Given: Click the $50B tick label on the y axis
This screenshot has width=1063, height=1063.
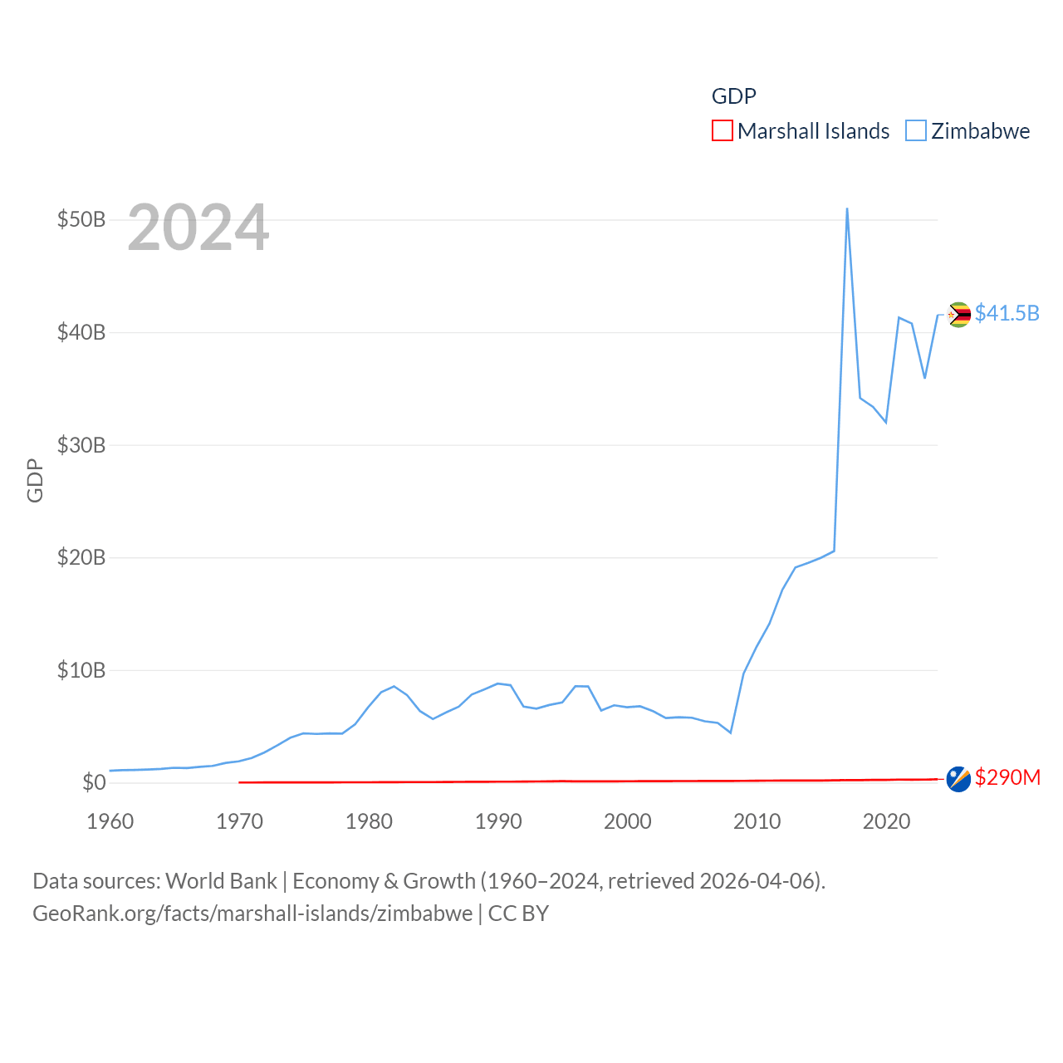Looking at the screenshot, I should (81, 220).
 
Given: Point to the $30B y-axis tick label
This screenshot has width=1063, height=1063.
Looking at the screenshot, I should (81, 445).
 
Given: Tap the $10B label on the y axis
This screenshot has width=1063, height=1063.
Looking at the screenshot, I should (81, 670).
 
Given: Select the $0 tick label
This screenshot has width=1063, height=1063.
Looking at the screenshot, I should (94, 782).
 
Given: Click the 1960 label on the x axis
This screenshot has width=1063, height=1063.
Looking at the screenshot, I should (110, 821).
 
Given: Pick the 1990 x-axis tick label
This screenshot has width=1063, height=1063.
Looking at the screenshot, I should (498, 821).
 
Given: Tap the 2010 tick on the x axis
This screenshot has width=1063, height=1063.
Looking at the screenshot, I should (757, 821).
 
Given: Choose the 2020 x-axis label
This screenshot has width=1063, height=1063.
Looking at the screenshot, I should (886, 821).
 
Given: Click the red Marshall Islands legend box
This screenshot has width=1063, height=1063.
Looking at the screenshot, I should (723, 131).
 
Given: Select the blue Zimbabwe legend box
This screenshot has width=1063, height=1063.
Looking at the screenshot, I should (915, 131).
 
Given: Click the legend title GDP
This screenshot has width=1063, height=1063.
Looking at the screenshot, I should (734, 96).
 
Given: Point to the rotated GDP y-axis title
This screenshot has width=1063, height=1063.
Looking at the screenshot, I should (35, 480).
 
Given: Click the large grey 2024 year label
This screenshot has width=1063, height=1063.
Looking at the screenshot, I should (198, 228).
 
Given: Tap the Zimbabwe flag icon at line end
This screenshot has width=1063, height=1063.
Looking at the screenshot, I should (959, 315).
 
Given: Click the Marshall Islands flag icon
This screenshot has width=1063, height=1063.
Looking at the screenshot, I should (958, 779).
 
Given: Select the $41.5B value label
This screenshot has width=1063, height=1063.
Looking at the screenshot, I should (1007, 313).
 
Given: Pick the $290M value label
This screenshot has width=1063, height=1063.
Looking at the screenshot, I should (1007, 777).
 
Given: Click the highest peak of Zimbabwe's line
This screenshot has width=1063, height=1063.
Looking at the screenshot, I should (847, 209).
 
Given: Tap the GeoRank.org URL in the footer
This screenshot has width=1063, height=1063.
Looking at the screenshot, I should (252, 914).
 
